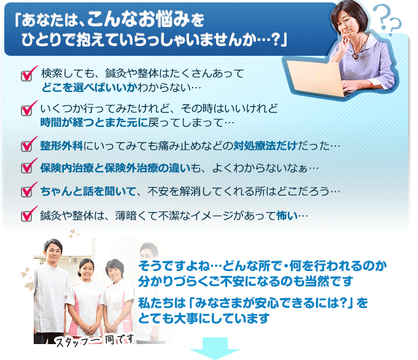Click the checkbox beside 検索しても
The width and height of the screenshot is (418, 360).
(x=26, y=75)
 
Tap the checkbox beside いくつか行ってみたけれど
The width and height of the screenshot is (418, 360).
(x=26, y=110)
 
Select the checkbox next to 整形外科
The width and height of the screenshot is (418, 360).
(x=26, y=146)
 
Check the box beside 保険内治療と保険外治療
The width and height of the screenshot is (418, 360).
(x=26, y=168)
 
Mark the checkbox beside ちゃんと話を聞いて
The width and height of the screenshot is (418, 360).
(x=26, y=192)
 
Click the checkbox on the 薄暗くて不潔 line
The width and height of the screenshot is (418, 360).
(x=26, y=216)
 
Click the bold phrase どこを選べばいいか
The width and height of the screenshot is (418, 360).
(x=89, y=88)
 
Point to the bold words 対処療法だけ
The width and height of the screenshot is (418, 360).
(x=266, y=146)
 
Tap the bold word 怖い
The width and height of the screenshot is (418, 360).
(x=287, y=216)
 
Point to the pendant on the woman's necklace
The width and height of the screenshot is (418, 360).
(x=355, y=56)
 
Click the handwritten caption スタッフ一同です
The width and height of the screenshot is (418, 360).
(x=95, y=340)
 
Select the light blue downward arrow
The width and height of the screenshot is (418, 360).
(x=215, y=348)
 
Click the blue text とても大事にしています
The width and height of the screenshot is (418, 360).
(x=204, y=318)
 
